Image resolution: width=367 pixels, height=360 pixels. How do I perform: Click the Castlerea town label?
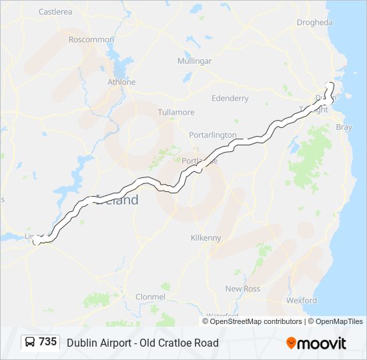(55, 12)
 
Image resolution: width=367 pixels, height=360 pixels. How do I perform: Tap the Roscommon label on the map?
(91, 39)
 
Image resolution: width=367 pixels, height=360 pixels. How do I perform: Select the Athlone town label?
(121, 82)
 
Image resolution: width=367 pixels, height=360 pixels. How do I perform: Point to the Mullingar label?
(195, 61)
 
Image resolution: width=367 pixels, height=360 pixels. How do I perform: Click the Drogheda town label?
(314, 22)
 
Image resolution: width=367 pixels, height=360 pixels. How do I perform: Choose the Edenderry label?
(230, 98)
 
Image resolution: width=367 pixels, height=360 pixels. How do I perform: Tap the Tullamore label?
(176, 112)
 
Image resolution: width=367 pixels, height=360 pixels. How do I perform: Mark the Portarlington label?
(213, 135)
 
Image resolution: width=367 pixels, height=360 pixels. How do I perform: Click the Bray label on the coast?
(344, 127)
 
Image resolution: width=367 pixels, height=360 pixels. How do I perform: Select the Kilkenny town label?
(206, 237)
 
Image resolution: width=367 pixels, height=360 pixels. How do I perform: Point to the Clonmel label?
(150, 296)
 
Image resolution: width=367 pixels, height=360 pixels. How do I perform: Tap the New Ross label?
(242, 289)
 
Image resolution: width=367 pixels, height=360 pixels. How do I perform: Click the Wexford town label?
(302, 300)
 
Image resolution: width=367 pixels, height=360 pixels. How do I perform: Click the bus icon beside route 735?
(30, 343)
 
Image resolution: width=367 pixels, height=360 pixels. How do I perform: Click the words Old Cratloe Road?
(179, 343)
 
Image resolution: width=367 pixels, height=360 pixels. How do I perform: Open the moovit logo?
(316, 343)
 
